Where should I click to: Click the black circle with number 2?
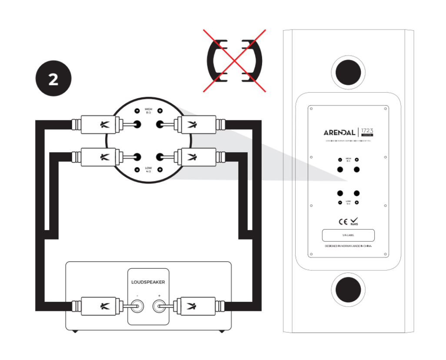53,79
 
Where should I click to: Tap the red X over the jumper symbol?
235,60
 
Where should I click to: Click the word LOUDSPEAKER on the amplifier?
148,282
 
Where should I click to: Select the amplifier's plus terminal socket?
160,307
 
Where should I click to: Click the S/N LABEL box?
348,235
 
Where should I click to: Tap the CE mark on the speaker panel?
343,222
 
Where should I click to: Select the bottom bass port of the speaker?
348,290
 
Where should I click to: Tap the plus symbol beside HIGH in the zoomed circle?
160,111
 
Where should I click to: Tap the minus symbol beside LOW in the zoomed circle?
137,169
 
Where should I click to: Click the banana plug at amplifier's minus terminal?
98,307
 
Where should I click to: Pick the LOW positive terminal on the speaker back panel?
357,193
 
